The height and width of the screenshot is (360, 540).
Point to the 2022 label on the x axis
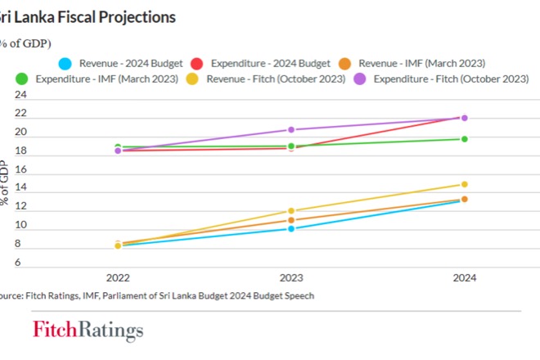(118, 277)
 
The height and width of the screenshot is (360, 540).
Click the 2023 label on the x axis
(290, 277)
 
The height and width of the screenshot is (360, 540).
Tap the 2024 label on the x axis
(464, 277)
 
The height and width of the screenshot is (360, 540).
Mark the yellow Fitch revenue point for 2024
(464, 184)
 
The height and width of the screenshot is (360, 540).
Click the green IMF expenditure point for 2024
(464, 139)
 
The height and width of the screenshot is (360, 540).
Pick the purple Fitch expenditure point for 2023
(291, 130)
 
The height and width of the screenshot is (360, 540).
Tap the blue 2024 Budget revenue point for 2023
(291, 228)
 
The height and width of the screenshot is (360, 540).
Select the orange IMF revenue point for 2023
(291, 220)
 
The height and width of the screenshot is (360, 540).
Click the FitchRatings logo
(88, 331)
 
